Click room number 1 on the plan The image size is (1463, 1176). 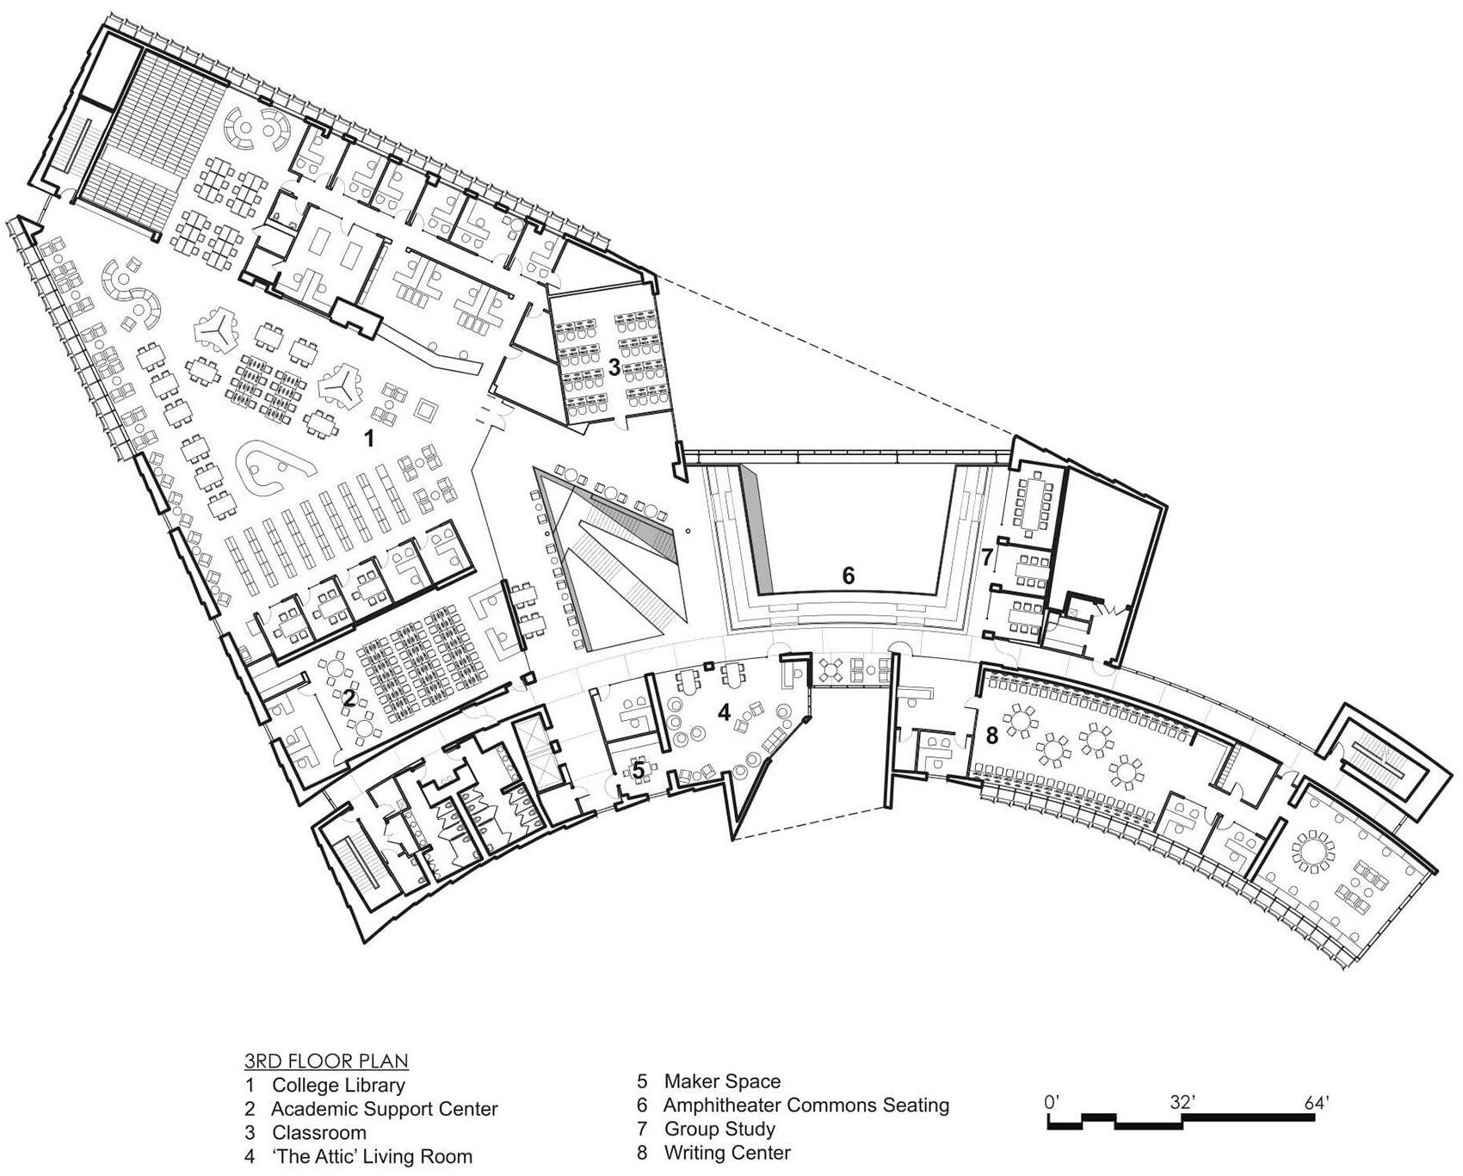(x=369, y=439)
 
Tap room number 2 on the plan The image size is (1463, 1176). (x=349, y=699)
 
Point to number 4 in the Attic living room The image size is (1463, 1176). (x=724, y=712)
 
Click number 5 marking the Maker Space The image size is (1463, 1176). (x=639, y=769)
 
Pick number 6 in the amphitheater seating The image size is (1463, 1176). (x=848, y=576)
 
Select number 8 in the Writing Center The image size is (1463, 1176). (x=992, y=736)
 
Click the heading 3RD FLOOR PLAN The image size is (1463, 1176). (x=326, y=1061)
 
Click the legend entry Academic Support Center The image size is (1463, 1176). (x=384, y=1109)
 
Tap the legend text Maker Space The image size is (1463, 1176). (x=722, y=1081)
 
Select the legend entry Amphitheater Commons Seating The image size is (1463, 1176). (x=806, y=1105)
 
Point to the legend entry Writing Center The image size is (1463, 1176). (x=726, y=1152)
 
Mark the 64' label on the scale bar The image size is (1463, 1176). (x=1316, y=1101)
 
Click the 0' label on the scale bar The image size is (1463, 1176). (x=1052, y=1101)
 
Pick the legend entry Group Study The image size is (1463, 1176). (x=719, y=1129)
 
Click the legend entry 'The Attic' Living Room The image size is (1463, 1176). (x=372, y=1156)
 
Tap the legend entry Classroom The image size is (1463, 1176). (x=318, y=1133)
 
